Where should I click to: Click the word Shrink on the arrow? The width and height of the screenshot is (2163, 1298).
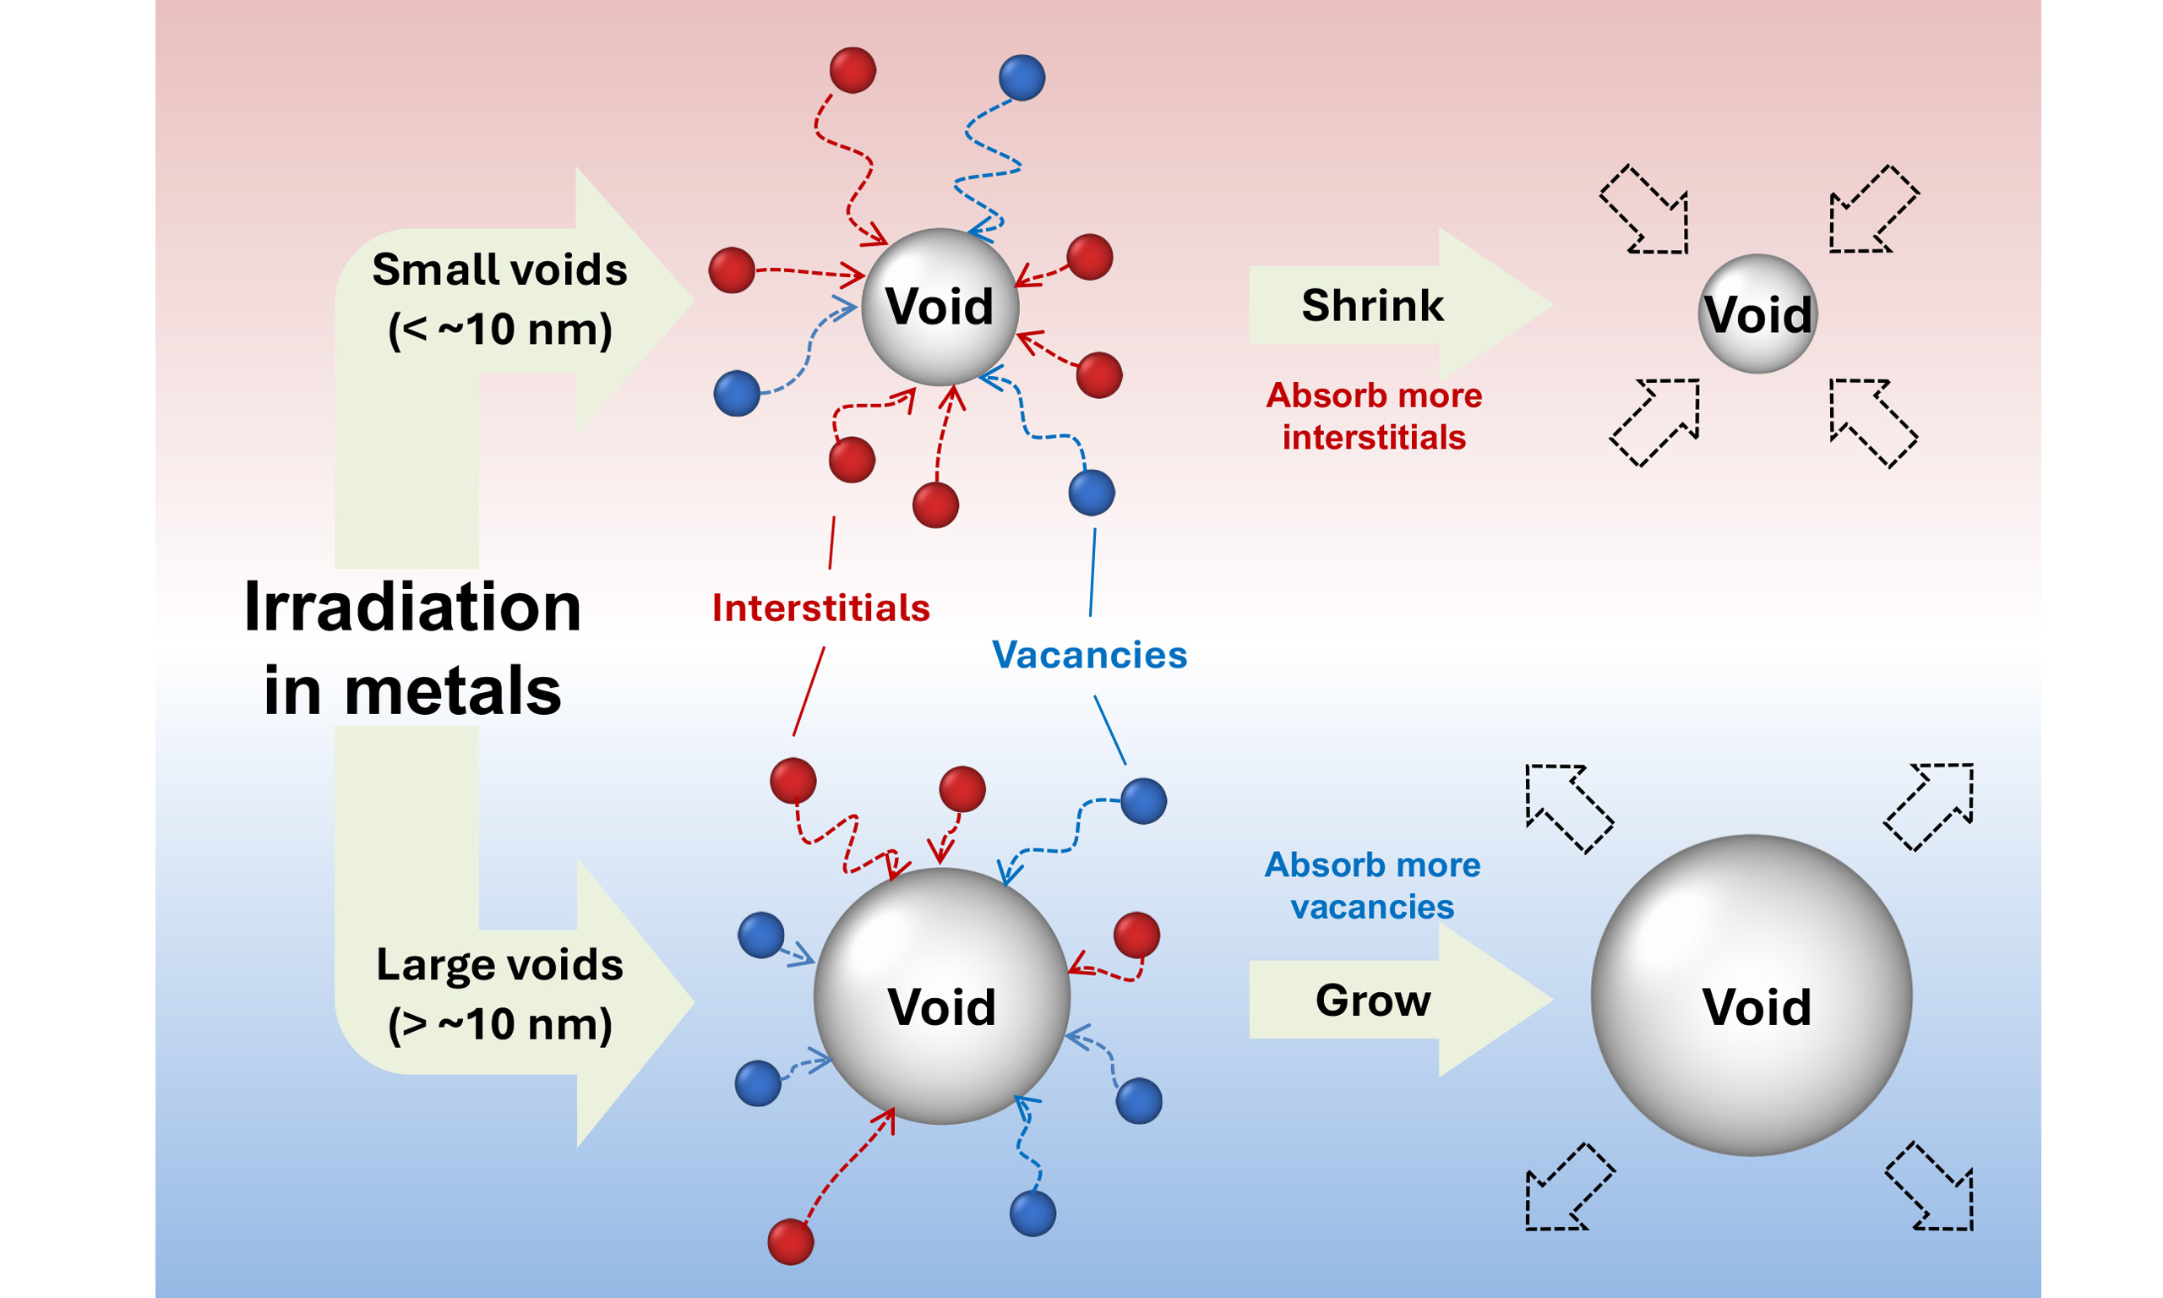click(x=1372, y=305)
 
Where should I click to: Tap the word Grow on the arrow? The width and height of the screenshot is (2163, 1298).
click(x=1373, y=1000)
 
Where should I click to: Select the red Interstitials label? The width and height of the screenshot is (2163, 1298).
click(x=820, y=608)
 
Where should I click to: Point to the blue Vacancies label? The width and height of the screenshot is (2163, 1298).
click(x=1089, y=654)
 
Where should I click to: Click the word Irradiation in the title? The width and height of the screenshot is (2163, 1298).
click(x=411, y=607)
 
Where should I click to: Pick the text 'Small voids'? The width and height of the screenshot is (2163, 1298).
click(x=499, y=270)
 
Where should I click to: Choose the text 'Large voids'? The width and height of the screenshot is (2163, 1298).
click(x=499, y=964)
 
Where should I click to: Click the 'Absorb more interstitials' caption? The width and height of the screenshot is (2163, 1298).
click(x=1374, y=417)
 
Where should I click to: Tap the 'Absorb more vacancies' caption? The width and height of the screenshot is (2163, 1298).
click(x=1372, y=885)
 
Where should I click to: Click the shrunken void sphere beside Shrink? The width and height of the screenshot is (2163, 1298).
click(x=1757, y=314)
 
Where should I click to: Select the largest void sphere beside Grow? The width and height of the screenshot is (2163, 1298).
click(x=1752, y=995)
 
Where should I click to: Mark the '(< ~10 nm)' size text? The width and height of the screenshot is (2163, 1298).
click(x=499, y=330)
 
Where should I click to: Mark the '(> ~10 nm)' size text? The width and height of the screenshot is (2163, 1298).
click(x=499, y=1024)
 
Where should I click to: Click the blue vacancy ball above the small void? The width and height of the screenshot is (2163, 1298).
click(x=1022, y=77)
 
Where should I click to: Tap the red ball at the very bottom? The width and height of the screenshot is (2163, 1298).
click(x=790, y=1241)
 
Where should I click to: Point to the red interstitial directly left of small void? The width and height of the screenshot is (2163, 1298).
click(x=731, y=270)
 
